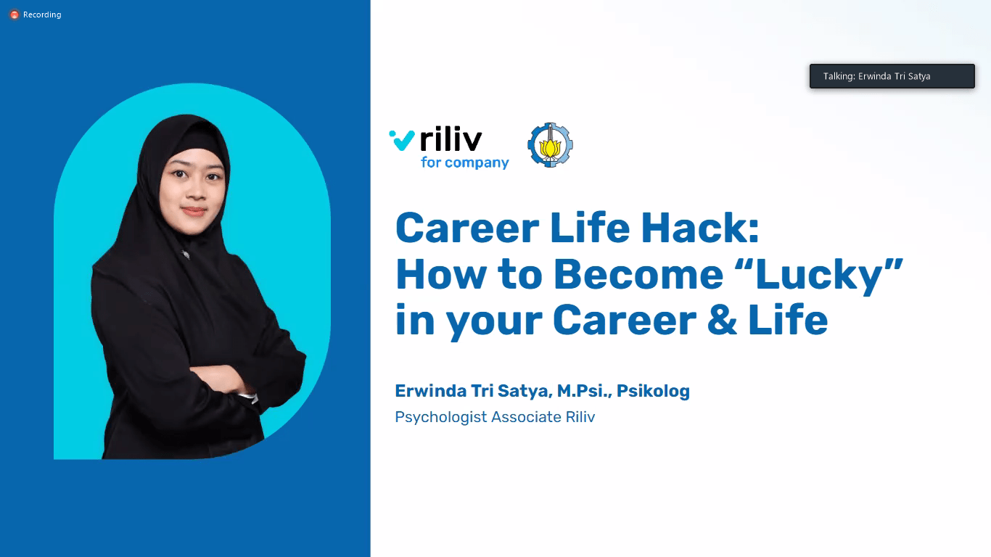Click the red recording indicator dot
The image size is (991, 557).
[x=15, y=15]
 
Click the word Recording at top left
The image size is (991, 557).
[x=42, y=15]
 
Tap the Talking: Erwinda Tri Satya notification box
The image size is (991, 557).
[x=892, y=76]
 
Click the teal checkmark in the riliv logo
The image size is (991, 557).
[x=402, y=140]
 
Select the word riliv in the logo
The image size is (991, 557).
[x=451, y=139]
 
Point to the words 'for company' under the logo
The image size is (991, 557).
[x=464, y=162]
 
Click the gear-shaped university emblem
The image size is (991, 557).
[x=550, y=144]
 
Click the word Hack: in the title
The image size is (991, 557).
[x=700, y=228]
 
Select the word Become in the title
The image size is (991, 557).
[x=638, y=275]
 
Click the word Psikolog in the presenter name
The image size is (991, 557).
[x=653, y=391]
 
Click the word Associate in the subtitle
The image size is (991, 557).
[x=527, y=417]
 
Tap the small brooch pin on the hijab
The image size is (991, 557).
[x=186, y=255]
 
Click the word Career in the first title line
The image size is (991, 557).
[x=467, y=228]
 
